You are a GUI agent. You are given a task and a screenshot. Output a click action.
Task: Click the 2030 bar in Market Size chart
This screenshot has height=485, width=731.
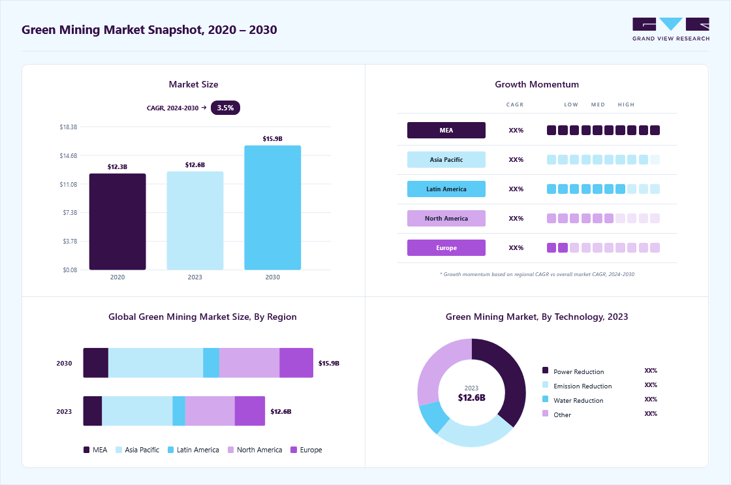point(272,208)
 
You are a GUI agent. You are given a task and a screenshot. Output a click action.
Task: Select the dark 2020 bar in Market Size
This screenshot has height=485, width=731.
point(117,221)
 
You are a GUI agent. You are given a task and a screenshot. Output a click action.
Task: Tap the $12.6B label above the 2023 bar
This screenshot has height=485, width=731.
point(195,164)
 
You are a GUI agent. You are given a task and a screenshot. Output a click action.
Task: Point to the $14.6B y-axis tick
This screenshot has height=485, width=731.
point(68,156)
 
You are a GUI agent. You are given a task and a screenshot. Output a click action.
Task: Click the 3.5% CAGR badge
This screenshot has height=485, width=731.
point(225,108)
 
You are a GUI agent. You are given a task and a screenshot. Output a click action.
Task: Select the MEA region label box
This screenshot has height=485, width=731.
point(446,130)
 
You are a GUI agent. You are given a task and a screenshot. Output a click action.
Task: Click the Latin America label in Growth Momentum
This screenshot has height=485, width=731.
point(446,189)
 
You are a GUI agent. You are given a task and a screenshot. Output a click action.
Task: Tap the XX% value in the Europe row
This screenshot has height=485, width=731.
point(516,247)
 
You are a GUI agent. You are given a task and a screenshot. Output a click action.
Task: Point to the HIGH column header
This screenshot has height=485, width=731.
point(626,104)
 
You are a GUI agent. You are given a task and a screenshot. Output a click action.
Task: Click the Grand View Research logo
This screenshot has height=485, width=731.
point(671,29)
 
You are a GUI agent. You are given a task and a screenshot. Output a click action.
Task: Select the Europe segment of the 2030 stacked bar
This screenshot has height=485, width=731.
point(296,363)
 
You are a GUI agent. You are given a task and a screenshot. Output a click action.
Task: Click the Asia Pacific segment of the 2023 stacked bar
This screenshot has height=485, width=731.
point(137,411)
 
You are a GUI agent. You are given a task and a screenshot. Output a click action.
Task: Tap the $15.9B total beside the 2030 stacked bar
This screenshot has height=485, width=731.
point(329,364)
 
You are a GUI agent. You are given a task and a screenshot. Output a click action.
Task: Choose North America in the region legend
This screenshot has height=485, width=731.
point(255,450)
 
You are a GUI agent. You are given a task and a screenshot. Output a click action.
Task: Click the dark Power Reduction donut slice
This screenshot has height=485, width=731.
point(501,378)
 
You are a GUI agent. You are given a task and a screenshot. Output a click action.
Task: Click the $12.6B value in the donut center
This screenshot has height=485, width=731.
point(471,398)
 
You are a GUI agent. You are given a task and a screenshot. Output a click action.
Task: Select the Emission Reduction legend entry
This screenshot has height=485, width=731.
point(577,386)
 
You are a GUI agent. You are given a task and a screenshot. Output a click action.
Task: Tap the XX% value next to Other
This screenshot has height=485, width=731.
point(651,414)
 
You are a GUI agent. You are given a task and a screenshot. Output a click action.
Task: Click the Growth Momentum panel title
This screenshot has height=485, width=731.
point(537,84)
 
